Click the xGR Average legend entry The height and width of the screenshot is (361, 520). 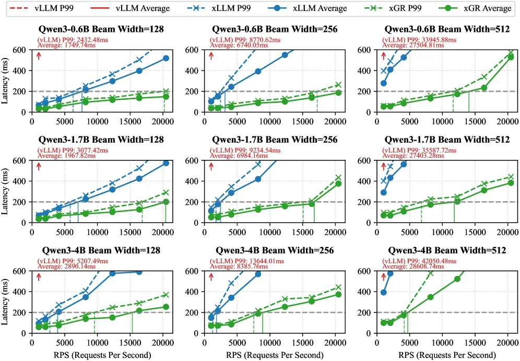point(475,8)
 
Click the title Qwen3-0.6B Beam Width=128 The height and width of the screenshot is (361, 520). point(101,29)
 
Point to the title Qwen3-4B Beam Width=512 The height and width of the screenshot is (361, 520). point(447,250)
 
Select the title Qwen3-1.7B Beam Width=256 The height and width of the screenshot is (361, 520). point(275,139)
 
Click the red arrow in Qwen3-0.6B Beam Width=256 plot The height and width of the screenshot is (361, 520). point(211,56)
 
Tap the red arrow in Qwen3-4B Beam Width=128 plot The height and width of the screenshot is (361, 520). point(39,277)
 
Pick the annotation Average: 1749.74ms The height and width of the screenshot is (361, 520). point(66,45)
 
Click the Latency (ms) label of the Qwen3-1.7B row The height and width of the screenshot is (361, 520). point(5,191)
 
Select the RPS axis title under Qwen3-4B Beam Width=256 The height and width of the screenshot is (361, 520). point(275,355)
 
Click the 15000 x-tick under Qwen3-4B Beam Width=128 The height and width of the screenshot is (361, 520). point(131,342)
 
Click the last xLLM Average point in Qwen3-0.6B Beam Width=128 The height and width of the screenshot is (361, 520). point(166,59)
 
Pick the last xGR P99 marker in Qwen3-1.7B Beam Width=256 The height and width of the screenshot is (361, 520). point(338,178)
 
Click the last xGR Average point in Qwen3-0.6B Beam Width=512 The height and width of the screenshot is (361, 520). point(511,57)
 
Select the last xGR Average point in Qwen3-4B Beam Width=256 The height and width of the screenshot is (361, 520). point(338,294)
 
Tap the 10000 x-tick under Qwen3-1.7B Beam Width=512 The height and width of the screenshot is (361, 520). point(442,232)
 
